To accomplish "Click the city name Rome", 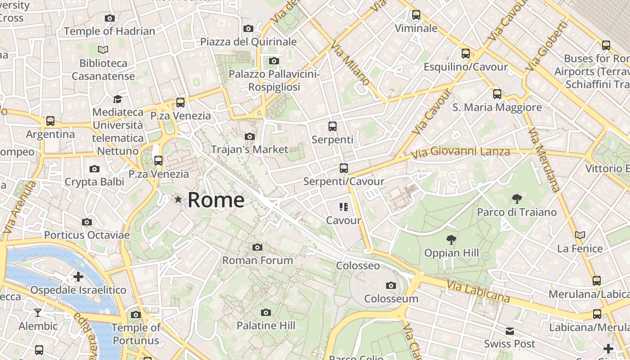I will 216,200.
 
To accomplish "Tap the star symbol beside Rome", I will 179,199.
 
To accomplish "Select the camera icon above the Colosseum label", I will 391,285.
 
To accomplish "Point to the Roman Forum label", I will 257,260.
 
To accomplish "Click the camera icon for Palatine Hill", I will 266,312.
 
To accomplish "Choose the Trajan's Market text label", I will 249,149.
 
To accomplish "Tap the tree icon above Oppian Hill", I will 451,239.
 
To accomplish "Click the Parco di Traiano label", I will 517,212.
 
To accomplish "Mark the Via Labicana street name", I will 478,292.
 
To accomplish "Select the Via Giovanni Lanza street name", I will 461,153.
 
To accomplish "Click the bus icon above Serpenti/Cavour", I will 344,168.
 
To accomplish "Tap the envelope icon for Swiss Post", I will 509,331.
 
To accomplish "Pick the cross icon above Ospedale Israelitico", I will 78,276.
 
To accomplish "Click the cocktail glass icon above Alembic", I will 38,312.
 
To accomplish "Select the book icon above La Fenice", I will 580,235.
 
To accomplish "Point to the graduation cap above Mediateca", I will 117,99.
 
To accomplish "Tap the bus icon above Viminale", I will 416,15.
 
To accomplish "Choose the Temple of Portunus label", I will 135,334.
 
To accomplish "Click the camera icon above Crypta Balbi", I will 94,169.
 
